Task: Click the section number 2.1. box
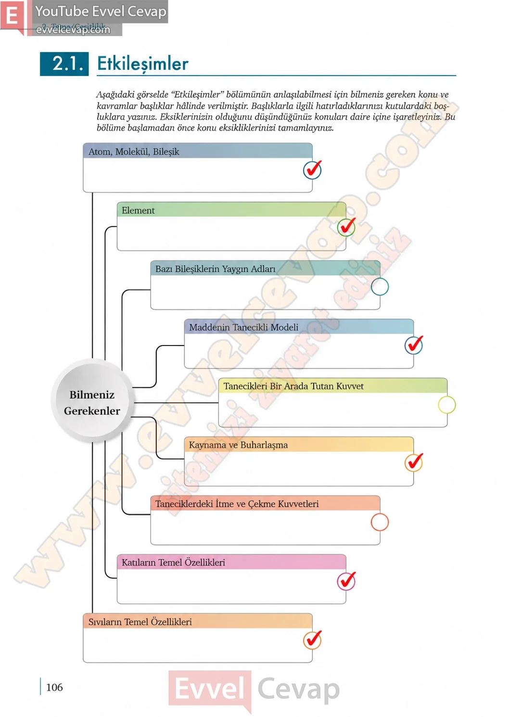pos(64,64)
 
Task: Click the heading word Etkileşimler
pos(143,64)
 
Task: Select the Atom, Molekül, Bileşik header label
pos(134,152)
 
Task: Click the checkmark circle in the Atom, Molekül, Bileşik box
pos(312,170)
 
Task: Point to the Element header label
pos(138,210)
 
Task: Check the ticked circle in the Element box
pos(346,227)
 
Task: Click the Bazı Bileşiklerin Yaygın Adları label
pos(216,269)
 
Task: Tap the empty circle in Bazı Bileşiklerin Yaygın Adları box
pos(380,286)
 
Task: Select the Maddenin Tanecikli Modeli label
pos(243,327)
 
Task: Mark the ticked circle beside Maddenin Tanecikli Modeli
pos(414,345)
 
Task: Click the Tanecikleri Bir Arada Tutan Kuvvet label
pos(293,386)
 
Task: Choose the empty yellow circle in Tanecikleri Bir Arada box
pos(446,405)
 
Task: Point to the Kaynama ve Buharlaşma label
pos(238,445)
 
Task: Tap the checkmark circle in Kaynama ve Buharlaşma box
pos(414,462)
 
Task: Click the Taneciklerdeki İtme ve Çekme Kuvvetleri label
pos(237,504)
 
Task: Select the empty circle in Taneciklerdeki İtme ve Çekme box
pos(380,522)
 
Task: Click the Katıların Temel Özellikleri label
pos(173,563)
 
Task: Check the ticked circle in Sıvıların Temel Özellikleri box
pos(312,640)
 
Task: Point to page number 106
pos(54,687)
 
